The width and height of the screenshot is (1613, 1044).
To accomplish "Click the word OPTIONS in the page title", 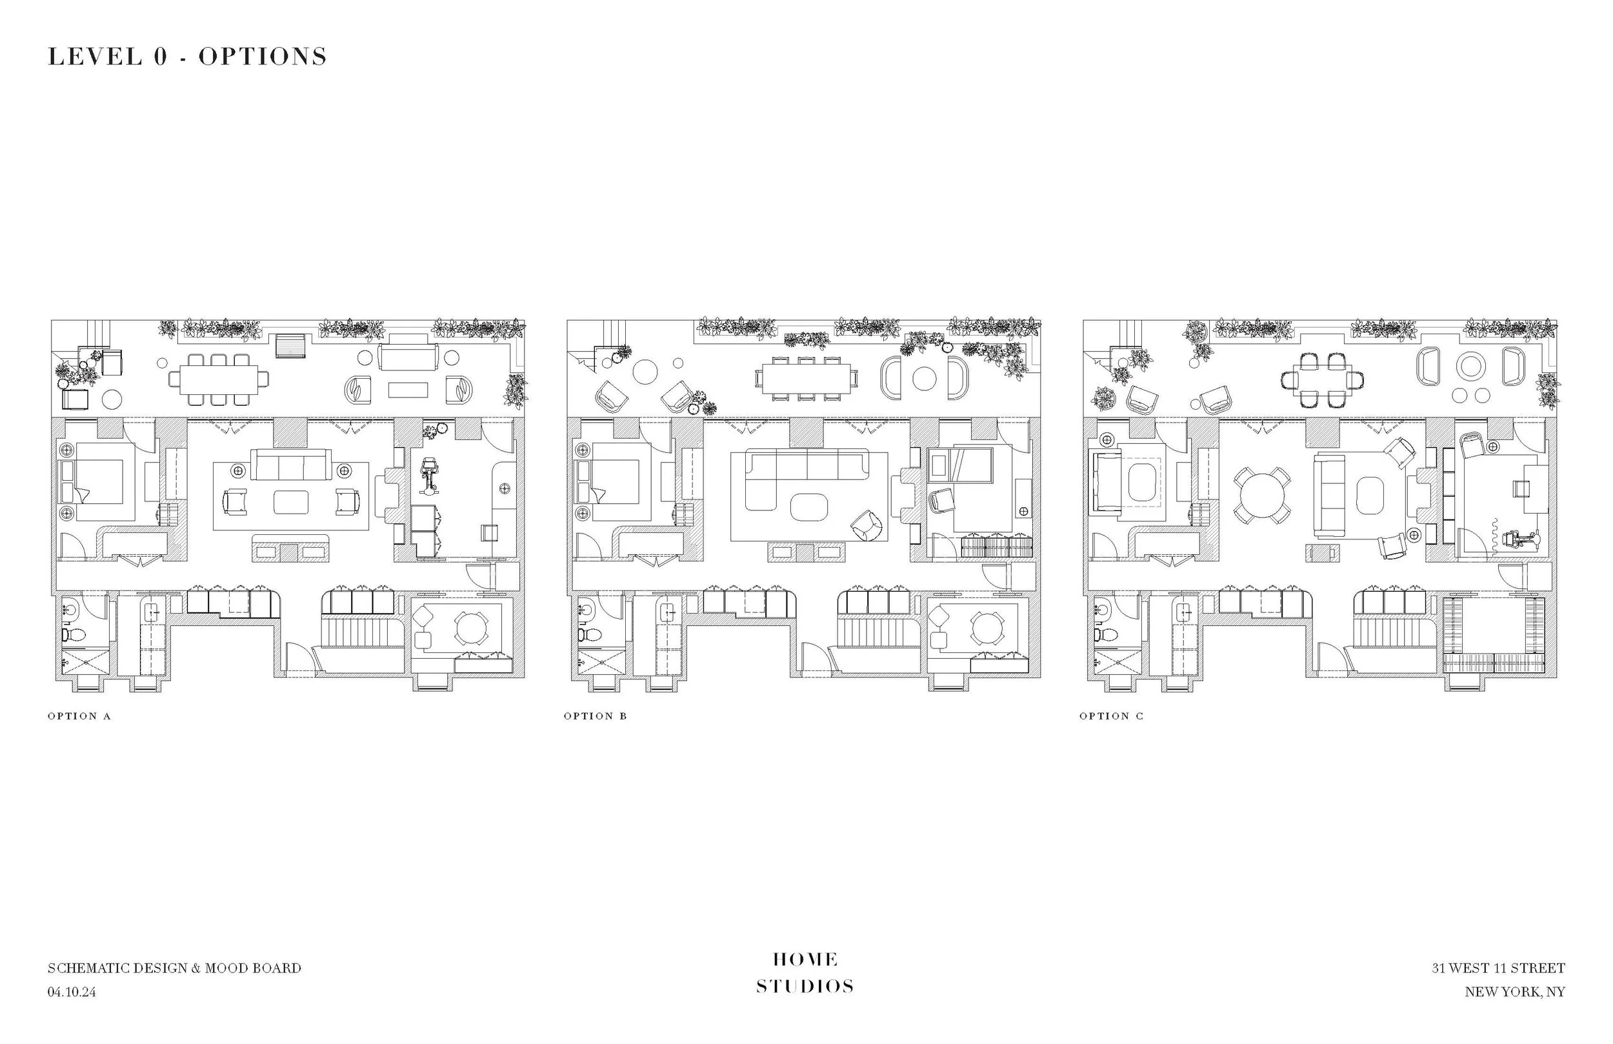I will pos(263,56).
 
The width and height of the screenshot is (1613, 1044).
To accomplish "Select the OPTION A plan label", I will pos(79,716).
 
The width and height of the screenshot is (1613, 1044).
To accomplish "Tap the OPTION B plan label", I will pos(595,716).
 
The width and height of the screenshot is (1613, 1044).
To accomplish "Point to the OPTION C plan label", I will pos(1111,716).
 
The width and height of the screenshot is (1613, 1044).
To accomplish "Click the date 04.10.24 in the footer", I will pos(72,992).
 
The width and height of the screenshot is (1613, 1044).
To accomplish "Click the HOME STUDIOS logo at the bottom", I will pos(805,973).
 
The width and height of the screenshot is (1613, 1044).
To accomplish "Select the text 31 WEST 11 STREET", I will pos(1498,968).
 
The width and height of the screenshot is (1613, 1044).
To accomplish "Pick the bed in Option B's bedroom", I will pos(611,481).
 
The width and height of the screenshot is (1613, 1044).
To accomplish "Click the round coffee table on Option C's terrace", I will pos(1470,366).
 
